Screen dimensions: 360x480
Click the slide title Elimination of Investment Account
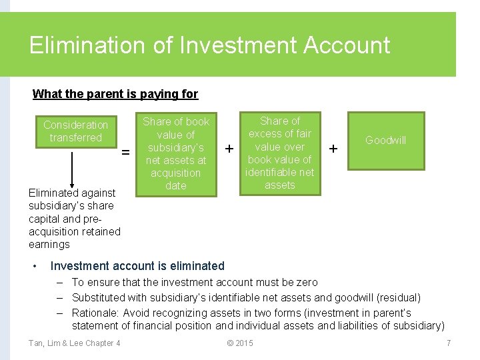click(209, 45)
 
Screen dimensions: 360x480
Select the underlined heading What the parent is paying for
click(115, 94)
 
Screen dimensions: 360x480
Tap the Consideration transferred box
click(75, 131)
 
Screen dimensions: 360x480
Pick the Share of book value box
click(176, 153)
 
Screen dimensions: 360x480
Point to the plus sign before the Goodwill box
click(334, 147)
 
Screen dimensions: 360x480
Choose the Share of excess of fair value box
click(279, 153)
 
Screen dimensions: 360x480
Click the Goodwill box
click(385, 140)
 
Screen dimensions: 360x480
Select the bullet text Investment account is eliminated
click(137, 266)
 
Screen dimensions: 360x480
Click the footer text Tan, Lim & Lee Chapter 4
click(75, 343)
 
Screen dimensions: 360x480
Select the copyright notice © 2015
click(240, 343)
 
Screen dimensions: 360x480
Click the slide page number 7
click(449, 343)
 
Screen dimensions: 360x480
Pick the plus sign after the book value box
click(229, 147)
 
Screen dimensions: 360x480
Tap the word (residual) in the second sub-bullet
click(398, 297)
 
